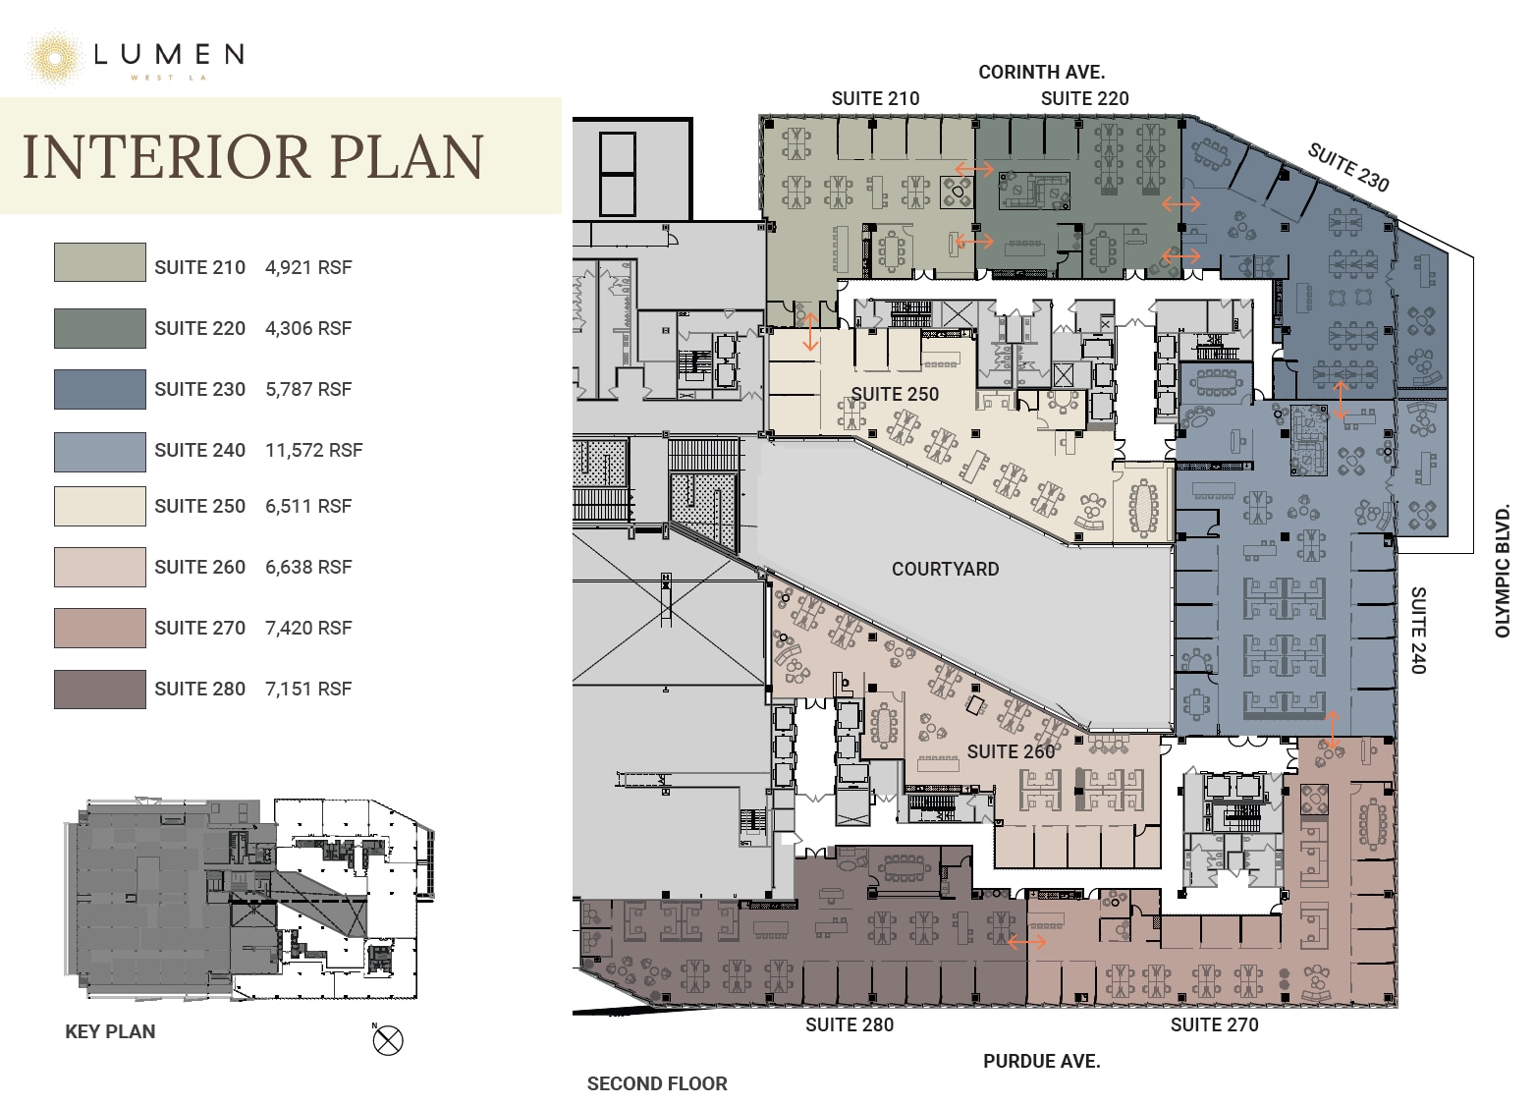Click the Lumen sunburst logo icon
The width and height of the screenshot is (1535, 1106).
point(54,59)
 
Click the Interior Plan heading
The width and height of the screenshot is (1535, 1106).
point(253,157)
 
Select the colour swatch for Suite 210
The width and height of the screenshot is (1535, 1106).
point(100,262)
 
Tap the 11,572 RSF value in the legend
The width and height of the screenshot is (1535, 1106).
point(314,450)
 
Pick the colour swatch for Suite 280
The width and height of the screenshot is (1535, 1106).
point(100,690)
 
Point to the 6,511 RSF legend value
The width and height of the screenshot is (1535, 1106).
point(308,507)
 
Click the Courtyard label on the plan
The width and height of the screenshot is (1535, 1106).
point(945,569)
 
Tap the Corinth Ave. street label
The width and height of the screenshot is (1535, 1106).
point(1042,72)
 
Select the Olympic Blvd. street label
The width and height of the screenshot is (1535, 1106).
point(1503,571)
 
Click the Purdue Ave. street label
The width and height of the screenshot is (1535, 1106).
point(1042,1062)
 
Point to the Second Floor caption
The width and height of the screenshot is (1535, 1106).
point(657,1084)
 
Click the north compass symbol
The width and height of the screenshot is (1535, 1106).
point(388,1041)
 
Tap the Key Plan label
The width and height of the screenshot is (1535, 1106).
point(110,1032)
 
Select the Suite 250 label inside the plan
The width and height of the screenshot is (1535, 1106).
point(895,395)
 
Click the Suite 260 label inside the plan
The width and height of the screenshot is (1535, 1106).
point(1011,752)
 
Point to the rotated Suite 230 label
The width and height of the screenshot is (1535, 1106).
point(1348,167)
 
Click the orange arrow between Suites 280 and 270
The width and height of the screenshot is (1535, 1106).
point(1027,943)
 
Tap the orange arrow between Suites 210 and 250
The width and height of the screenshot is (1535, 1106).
point(810,332)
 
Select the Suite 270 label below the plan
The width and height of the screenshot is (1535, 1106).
point(1214,1025)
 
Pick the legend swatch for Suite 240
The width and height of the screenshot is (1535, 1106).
point(100,452)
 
